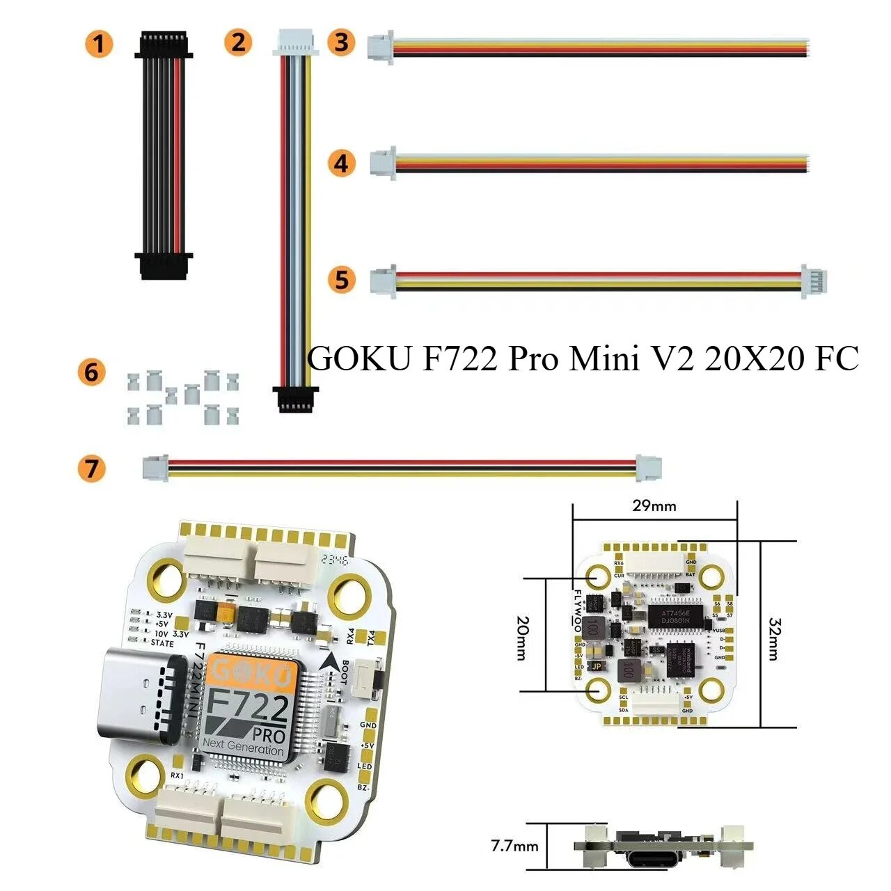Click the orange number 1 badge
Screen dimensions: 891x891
click(99, 44)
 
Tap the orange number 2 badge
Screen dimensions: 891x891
click(238, 42)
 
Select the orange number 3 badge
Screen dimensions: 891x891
click(341, 42)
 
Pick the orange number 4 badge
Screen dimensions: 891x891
click(341, 164)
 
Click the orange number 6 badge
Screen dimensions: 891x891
click(91, 372)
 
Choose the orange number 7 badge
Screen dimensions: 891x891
click(91, 468)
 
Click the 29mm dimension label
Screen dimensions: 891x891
click(654, 506)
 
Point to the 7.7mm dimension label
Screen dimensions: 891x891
click(514, 846)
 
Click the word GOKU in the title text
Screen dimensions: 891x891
click(358, 360)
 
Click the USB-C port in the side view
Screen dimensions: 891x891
click(647, 856)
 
